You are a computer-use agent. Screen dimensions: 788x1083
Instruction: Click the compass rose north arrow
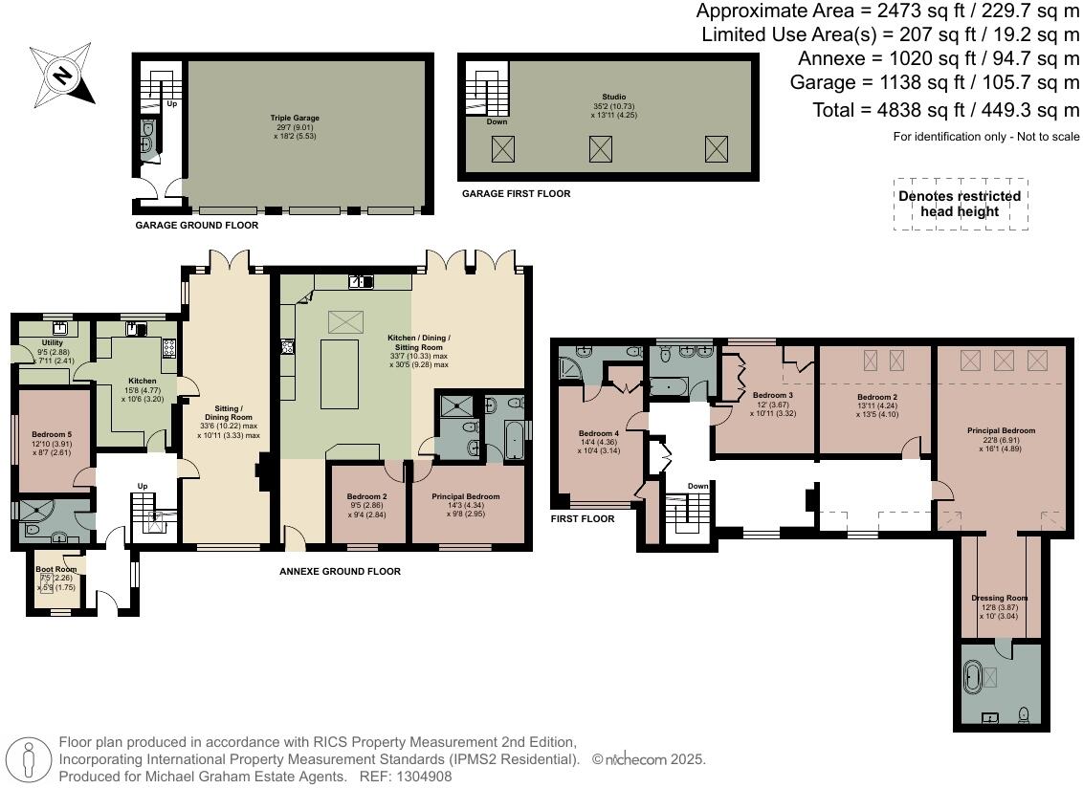tap(63, 75)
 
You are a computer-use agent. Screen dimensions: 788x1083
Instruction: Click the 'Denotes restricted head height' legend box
tap(960, 204)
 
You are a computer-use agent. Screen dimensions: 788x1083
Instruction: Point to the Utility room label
tap(52, 342)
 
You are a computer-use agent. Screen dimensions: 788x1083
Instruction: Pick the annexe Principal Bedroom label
tap(466, 496)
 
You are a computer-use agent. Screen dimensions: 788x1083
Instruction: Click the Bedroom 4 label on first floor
tap(600, 433)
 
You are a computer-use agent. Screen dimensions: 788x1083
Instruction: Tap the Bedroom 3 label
tap(772, 395)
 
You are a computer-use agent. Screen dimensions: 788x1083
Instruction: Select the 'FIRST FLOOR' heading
tap(583, 519)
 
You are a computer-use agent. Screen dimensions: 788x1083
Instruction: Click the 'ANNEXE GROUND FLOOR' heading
tap(340, 572)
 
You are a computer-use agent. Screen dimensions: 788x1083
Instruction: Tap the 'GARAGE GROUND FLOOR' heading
tap(196, 226)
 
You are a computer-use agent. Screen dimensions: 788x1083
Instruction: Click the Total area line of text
tap(945, 110)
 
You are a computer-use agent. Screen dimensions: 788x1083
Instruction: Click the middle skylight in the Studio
tap(601, 148)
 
